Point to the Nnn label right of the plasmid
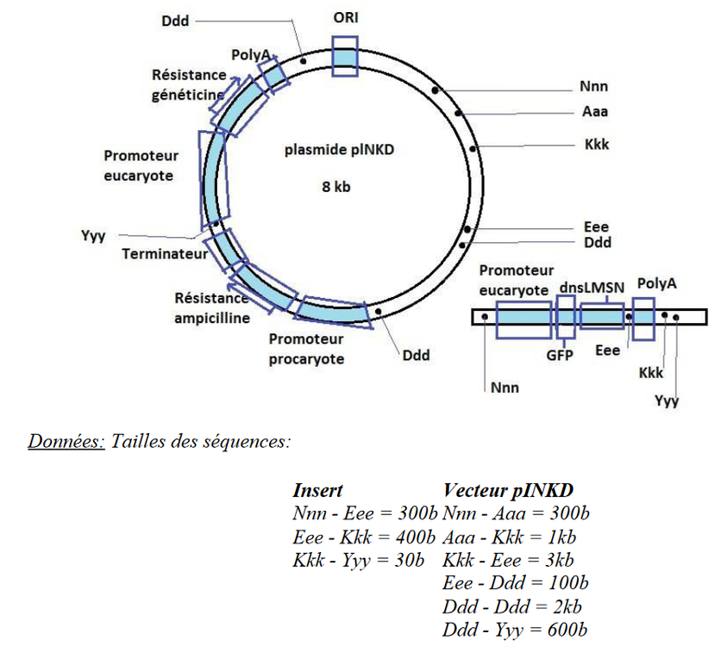pyautogui.click(x=593, y=87)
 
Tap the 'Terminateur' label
pyautogui.click(x=165, y=255)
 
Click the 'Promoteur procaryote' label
pyautogui.click(x=305, y=349)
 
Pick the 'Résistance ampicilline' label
pyautogui.click(x=211, y=308)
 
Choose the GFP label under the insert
pyautogui.click(x=562, y=352)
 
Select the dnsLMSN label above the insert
pyautogui.click(x=592, y=287)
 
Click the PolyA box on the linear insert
pyautogui.click(x=643, y=317)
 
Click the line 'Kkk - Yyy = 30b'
pyautogui.click(x=359, y=561)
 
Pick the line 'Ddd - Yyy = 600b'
pyautogui.click(x=515, y=630)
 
